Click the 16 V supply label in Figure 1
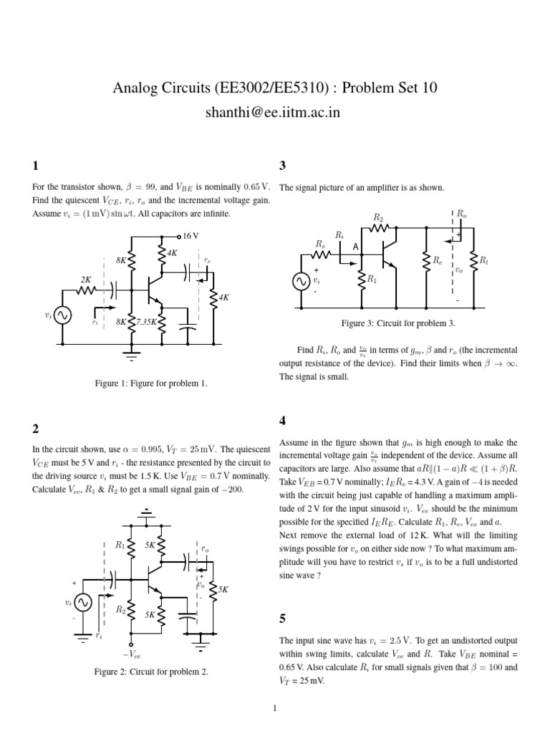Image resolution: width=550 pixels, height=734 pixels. point(190,235)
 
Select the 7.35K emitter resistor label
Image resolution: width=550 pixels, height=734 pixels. point(146,322)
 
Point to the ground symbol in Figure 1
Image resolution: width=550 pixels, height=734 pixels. point(131,351)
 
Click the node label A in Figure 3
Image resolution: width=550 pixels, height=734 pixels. point(354,246)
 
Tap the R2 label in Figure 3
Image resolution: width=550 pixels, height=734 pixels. point(378,217)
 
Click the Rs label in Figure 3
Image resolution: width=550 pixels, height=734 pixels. point(319,244)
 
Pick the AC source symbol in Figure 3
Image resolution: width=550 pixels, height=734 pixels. point(300,282)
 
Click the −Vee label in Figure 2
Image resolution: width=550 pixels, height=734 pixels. point(132,654)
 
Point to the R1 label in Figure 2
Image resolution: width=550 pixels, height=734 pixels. point(120,544)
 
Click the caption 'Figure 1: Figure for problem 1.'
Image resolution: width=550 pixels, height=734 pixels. point(152,383)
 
